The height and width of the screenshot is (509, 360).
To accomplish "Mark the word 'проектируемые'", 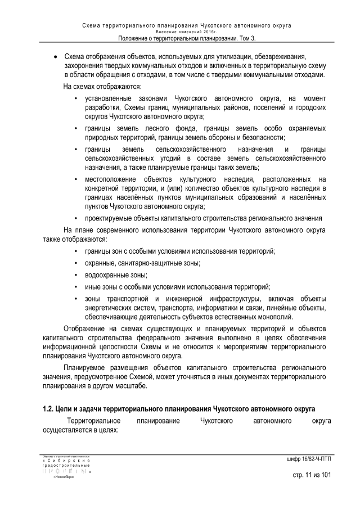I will pyautogui.click(x=108, y=218).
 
